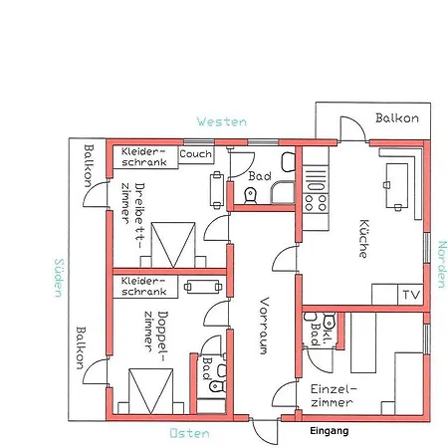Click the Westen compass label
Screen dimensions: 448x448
click(x=222, y=121)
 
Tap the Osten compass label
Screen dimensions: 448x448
click(x=189, y=433)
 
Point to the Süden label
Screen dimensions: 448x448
click(x=59, y=278)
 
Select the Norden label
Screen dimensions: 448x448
click(x=442, y=265)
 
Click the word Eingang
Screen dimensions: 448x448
click(x=330, y=431)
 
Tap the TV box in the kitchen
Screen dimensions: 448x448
click(x=410, y=295)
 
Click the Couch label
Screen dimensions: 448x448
click(x=195, y=154)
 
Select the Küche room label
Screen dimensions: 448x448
click(x=363, y=238)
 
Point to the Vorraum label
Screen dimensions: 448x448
click(x=264, y=326)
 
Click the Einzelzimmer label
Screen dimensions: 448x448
click(x=333, y=395)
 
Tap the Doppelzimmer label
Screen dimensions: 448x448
click(x=156, y=332)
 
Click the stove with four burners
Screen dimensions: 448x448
click(x=316, y=202)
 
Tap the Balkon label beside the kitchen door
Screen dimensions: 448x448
click(x=397, y=118)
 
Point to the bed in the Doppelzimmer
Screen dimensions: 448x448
click(x=151, y=391)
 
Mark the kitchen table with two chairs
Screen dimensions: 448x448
click(x=397, y=186)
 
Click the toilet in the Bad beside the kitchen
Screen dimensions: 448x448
click(x=251, y=195)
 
